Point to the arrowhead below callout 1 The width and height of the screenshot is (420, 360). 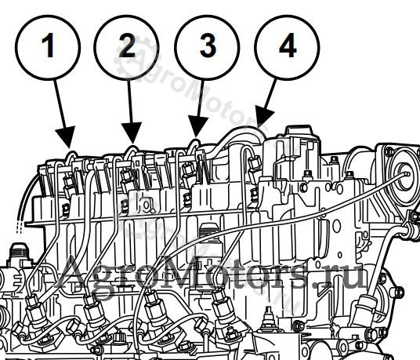point(66,136)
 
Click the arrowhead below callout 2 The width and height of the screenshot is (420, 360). point(132,132)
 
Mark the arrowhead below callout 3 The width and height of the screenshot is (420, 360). point(197,126)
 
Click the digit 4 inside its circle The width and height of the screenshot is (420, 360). point(288,45)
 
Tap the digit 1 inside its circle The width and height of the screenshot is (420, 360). point(49,45)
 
